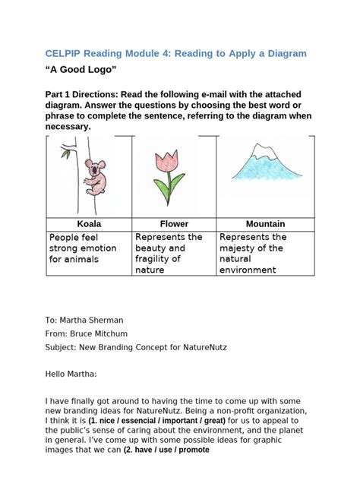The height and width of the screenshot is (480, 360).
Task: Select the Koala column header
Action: click(89, 224)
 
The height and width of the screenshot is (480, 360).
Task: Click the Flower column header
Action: click(174, 224)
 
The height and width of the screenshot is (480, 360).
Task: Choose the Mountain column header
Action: click(265, 224)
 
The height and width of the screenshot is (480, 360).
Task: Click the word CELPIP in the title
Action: click(65, 53)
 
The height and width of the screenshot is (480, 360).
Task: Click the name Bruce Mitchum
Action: click(100, 334)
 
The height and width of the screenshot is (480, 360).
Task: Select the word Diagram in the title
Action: click(283, 53)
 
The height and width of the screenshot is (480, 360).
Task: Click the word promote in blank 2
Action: click(191, 448)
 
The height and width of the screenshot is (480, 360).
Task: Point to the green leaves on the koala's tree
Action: click(67, 153)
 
